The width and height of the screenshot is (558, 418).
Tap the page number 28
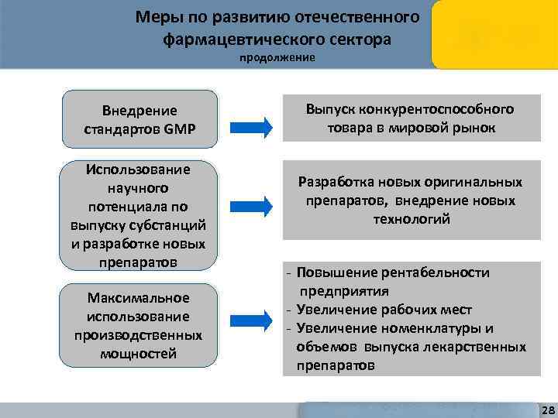(545, 409)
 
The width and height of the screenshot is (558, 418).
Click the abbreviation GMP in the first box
(180, 127)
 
